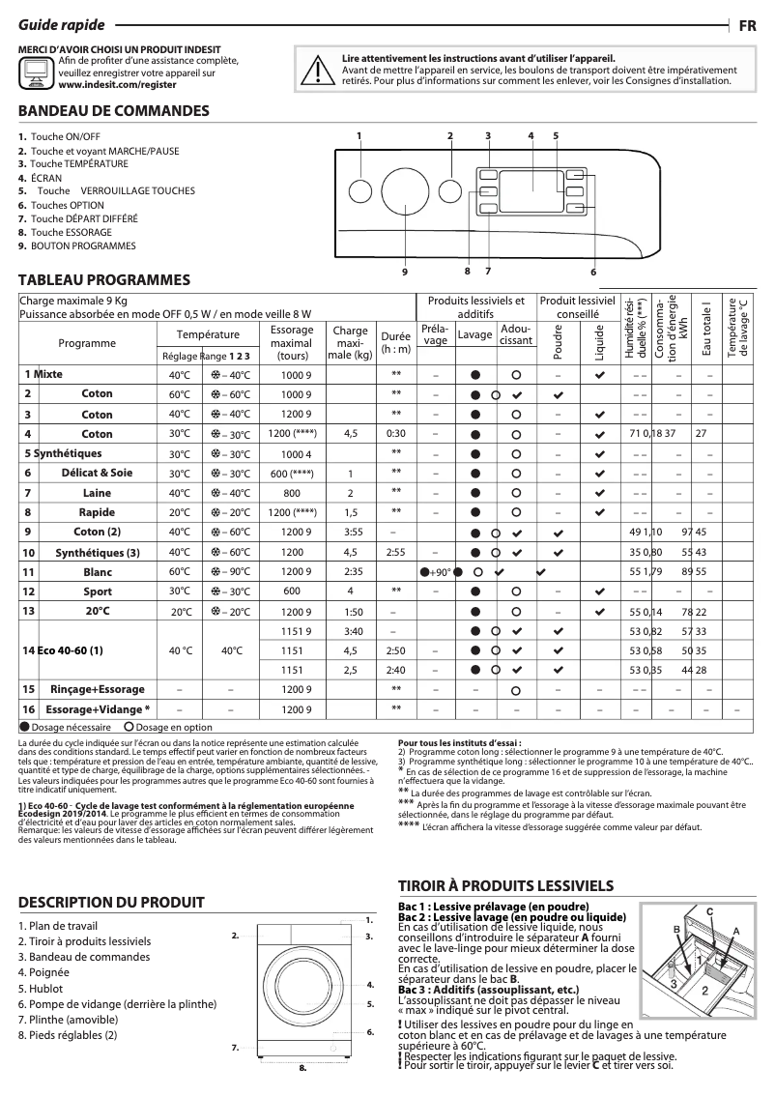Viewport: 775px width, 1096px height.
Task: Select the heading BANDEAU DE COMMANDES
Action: (x=114, y=111)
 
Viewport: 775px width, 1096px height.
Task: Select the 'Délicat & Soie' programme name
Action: (x=97, y=473)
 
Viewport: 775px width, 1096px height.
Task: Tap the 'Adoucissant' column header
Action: (x=516, y=334)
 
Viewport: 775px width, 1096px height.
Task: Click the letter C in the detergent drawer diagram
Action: (x=709, y=911)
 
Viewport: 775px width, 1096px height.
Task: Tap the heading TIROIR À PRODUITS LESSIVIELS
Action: (x=505, y=885)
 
